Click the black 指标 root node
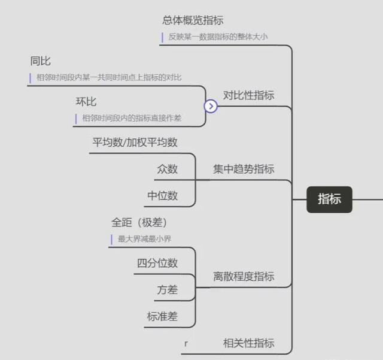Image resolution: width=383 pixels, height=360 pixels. pos(329,199)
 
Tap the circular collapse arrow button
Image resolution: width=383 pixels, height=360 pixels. pos(211,107)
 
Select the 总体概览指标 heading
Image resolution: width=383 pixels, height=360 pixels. pos(193,20)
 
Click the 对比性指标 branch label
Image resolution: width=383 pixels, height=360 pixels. pos(249,95)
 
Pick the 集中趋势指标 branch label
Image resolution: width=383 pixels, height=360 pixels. pos(244,169)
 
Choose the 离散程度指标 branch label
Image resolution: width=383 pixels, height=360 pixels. pos(244,277)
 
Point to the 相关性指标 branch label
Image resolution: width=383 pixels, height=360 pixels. pos(249,343)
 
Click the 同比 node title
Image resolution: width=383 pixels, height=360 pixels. pos(40,61)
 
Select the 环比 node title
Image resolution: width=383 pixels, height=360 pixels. pos(86,101)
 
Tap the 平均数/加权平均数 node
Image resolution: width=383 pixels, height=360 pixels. pos(135,143)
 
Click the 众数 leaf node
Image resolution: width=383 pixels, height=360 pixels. pos(168,169)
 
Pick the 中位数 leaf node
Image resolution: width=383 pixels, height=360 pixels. pos(162,196)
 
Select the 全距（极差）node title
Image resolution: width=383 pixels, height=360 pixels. pos(139,223)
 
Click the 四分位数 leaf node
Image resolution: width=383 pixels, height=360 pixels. pos(157,263)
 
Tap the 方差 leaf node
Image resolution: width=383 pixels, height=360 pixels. pos(168,290)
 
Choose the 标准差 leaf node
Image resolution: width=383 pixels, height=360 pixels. pos(162,316)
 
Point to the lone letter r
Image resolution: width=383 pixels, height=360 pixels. pos(186,344)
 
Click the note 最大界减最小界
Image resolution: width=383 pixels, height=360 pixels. pos(144,238)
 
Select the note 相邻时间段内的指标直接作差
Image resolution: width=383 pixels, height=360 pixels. pos(132,118)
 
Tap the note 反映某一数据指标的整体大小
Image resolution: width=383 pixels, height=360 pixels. pos(218,37)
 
